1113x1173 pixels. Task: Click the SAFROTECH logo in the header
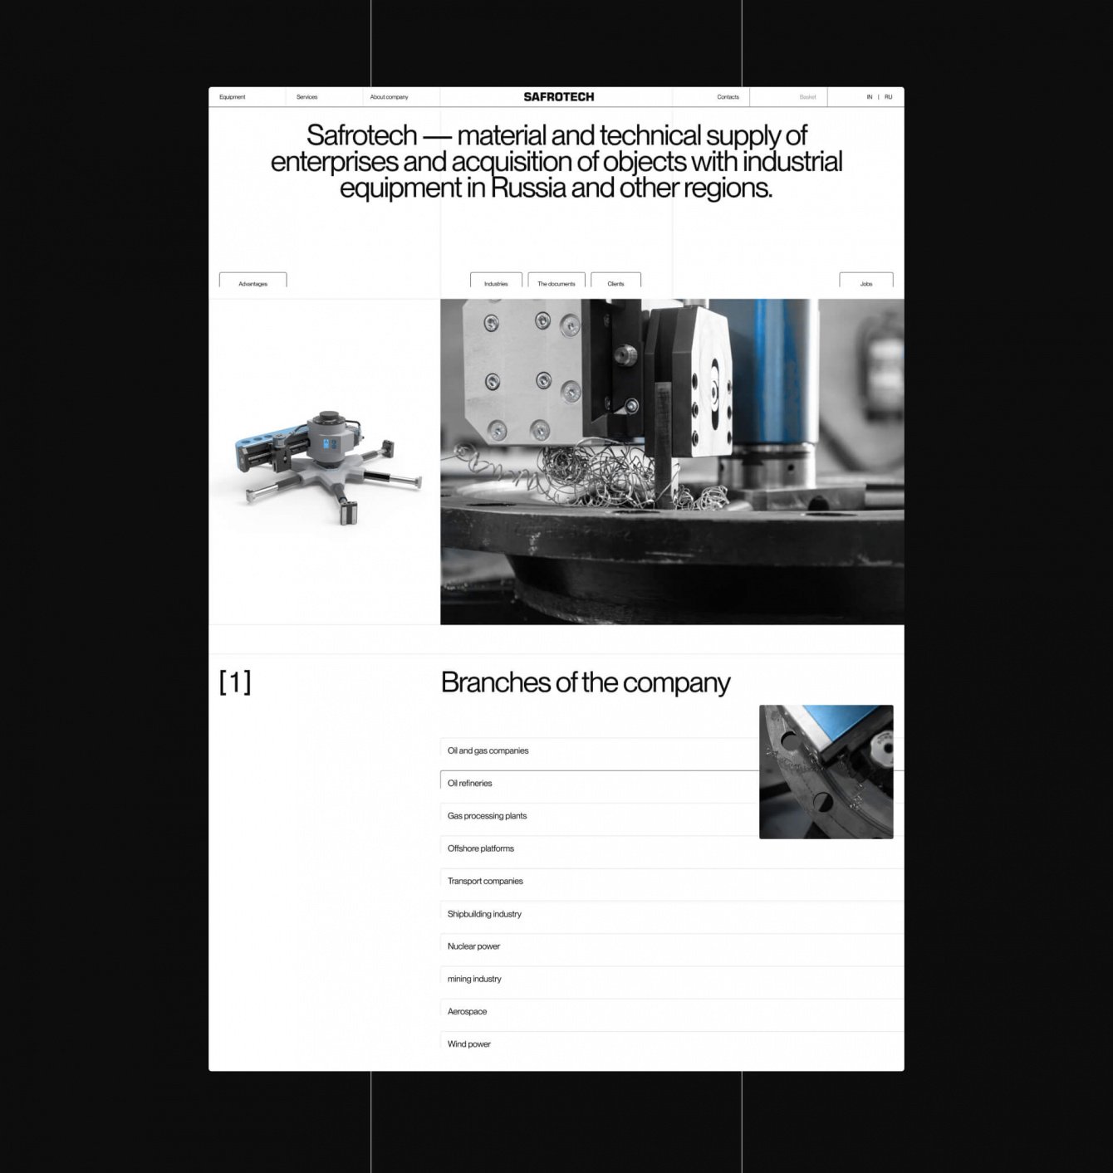tap(558, 96)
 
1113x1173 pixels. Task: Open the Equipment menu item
tap(232, 96)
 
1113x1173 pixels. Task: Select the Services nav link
tap(307, 96)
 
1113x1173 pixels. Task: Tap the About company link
tap(389, 96)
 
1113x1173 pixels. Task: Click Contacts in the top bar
tap(728, 96)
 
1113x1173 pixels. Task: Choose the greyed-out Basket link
tap(807, 96)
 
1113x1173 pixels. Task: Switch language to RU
tap(889, 96)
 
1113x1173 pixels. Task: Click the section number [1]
tap(235, 682)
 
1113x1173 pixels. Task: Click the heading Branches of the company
tap(586, 682)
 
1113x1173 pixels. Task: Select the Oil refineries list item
tap(470, 783)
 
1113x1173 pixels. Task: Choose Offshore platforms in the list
tap(481, 848)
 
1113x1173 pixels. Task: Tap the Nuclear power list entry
tap(473, 946)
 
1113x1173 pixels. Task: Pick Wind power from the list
tap(468, 1043)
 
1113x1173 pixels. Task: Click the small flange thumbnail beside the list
tap(826, 771)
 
